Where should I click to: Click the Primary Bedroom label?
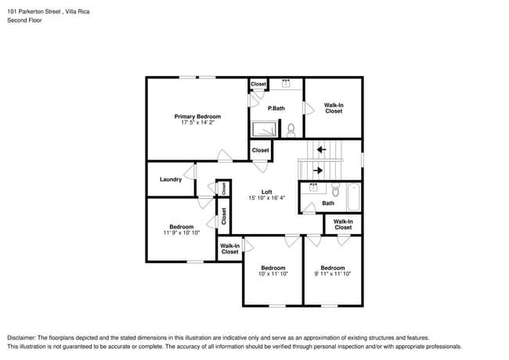tap(197, 117)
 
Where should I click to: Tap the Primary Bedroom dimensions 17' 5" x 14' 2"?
tap(197, 123)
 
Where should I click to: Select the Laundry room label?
tap(171, 179)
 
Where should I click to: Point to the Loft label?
tap(266, 192)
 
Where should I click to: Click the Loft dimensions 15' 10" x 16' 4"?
tap(266, 198)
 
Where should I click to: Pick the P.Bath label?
tap(276, 108)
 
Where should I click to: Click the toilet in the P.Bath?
tap(291, 130)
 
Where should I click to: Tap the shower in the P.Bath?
tap(265, 129)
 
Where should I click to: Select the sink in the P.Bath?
tap(286, 84)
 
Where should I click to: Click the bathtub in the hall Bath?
tap(353, 197)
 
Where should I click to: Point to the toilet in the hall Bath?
tap(335, 189)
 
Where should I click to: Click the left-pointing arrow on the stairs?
tap(321, 149)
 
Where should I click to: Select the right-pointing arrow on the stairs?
tap(318, 171)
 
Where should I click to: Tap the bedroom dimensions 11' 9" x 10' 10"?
tap(182, 233)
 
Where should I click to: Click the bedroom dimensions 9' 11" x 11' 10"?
tap(333, 274)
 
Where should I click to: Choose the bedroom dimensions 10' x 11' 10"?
tap(273, 274)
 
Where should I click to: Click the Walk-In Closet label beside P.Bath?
tap(334, 108)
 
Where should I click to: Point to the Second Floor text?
tap(24, 20)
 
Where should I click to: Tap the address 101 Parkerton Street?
tap(34, 12)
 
